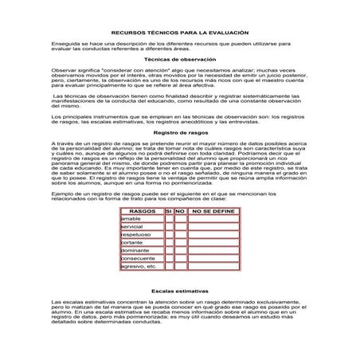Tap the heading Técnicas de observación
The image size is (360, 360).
click(x=179, y=61)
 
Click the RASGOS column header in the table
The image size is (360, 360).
click(x=142, y=211)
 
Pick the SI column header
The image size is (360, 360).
click(x=168, y=211)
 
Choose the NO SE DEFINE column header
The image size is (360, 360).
click(x=213, y=211)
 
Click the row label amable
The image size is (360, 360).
click(x=130, y=219)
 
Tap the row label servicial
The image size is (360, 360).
click(x=131, y=228)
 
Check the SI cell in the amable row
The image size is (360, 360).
click(x=168, y=219)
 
